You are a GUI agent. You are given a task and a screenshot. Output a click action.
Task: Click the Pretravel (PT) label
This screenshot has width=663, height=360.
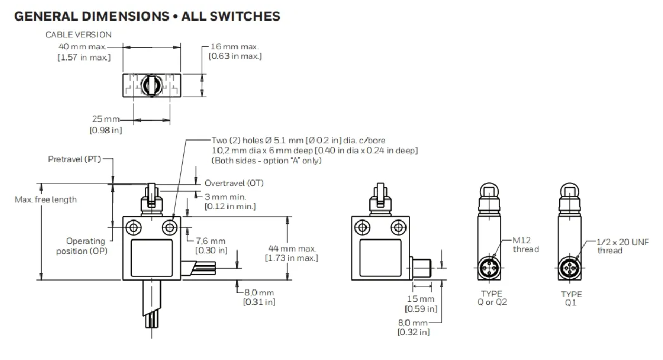pyautogui.click(x=74, y=158)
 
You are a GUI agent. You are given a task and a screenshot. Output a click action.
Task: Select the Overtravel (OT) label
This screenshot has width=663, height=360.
pyautogui.click(x=234, y=183)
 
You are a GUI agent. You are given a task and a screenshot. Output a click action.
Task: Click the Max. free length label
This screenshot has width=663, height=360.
pyautogui.click(x=45, y=199)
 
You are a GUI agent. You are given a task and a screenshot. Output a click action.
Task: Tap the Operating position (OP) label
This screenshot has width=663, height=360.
pyautogui.click(x=87, y=246)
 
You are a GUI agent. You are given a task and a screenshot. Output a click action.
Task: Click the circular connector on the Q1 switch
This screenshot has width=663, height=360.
pyautogui.click(x=569, y=267)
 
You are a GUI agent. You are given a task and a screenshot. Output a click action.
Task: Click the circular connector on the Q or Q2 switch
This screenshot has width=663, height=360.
pyautogui.click(x=489, y=267)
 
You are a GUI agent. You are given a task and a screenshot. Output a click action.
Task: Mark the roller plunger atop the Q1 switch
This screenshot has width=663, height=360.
pyautogui.click(x=569, y=191)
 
